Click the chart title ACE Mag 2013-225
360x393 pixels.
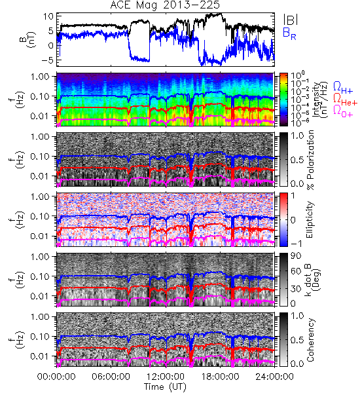165,5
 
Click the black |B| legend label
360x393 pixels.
291,20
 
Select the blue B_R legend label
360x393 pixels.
289,33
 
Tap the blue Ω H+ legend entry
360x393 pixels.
343,88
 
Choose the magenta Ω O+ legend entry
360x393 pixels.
343,111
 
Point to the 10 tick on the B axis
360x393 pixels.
48,17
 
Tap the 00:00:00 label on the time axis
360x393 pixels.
56,377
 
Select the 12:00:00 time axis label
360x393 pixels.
166,377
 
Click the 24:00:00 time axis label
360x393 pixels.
274,377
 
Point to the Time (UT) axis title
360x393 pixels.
165,386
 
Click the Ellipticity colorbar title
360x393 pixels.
310,220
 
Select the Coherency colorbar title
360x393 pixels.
310,340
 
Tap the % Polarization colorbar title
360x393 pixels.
310,160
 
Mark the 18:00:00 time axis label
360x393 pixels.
220,377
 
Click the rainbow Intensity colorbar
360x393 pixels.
283,100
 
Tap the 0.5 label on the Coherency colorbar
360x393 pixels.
297,341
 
